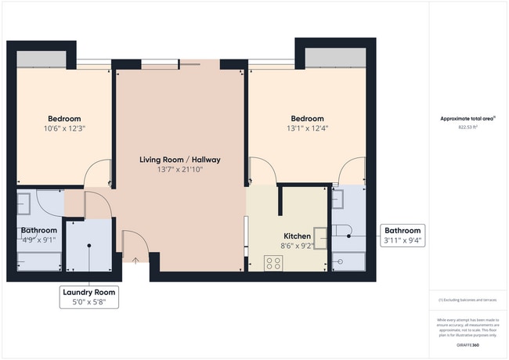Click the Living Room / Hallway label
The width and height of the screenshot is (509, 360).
tap(180, 160)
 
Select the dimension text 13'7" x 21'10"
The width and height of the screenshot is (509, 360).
tap(180, 170)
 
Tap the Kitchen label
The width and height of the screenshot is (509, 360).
tap(298, 236)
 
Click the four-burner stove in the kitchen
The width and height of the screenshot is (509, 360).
tap(273, 263)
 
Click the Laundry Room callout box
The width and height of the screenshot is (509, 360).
tap(89, 295)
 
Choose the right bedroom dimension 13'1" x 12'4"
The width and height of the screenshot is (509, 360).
tap(306, 129)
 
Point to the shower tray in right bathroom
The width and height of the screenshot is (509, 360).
tap(348, 262)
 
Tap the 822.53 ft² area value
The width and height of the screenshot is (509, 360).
tap(467, 126)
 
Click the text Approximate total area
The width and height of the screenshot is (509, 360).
tap(467, 119)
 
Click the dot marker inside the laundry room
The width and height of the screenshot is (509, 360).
tap(89, 246)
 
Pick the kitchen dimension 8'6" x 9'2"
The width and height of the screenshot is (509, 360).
tap(298, 245)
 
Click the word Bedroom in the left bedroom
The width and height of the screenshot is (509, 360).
tap(64, 119)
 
